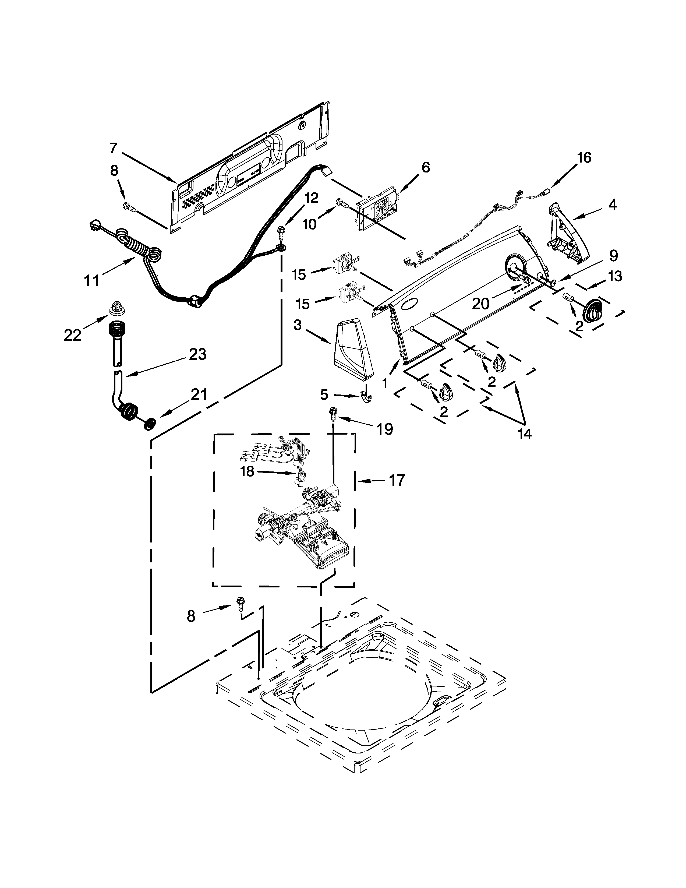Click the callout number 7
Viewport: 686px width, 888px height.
point(113,148)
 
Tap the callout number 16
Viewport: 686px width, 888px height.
point(584,158)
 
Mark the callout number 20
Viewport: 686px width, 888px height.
point(480,303)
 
